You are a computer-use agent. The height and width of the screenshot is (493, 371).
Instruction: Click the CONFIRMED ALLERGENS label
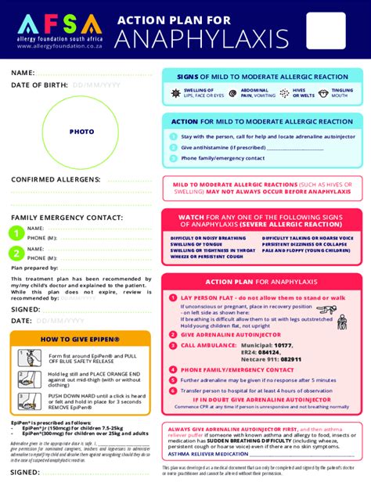(x=55, y=179)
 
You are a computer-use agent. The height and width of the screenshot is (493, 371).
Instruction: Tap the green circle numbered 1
(x=16, y=232)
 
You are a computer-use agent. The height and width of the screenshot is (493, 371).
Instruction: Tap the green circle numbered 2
(x=16, y=253)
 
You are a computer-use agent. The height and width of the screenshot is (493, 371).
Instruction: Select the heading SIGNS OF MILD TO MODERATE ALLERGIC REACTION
(x=262, y=77)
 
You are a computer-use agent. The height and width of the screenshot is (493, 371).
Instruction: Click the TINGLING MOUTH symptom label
(x=342, y=93)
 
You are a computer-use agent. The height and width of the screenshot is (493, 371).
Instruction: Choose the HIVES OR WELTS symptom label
(x=302, y=93)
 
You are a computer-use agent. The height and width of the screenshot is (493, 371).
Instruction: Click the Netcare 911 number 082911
(x=291, y=359)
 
